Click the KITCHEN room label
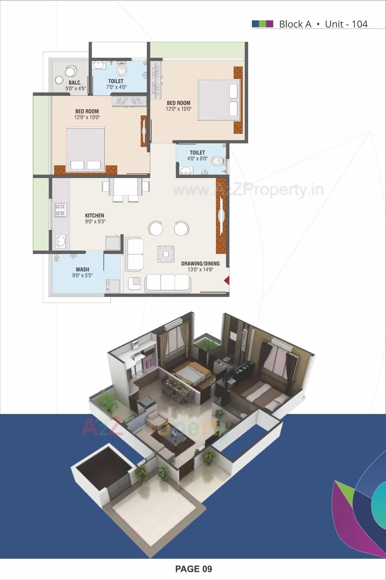click(95, 215)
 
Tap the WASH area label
click(82, 269)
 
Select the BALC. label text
click(75, 82)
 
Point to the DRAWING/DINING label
click(200, 263)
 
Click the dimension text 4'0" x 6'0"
click(197, 159)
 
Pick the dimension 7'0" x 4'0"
click(116, 87)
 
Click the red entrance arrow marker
click(226, 281)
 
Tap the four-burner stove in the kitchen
click(60, 210)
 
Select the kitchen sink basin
click(60, 241)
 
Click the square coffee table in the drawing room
click(166, 254)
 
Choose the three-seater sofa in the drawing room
click(168, 283)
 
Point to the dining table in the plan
click(125, 187)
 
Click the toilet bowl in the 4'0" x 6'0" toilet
click(217, 161)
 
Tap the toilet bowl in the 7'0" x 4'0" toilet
click(122, 70)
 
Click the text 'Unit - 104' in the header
click(346, 24)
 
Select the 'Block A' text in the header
click(295, 24)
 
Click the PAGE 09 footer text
click(194, 569)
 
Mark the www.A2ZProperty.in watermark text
click(248, 190)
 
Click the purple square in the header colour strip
click(270, 24)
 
